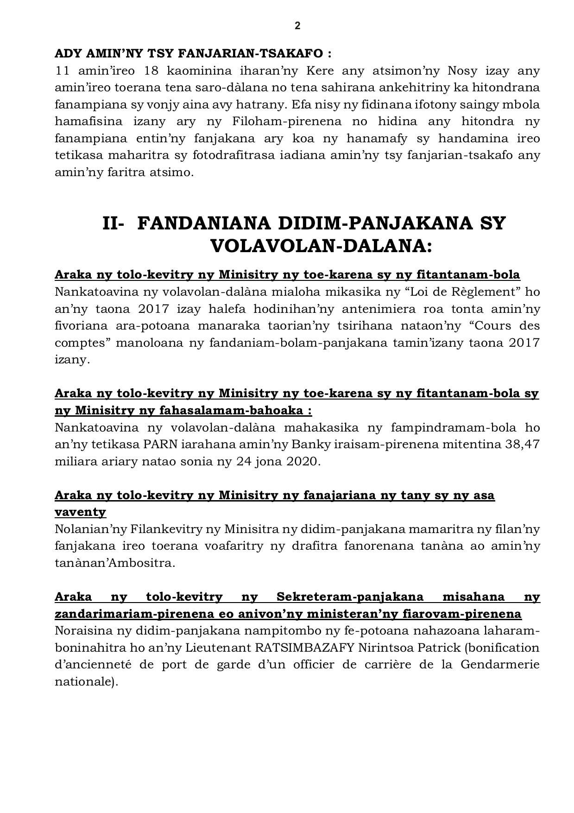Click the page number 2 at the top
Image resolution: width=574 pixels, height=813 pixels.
297,26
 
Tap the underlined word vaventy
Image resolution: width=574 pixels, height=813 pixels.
81,512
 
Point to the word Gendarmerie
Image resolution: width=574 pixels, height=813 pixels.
500,664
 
